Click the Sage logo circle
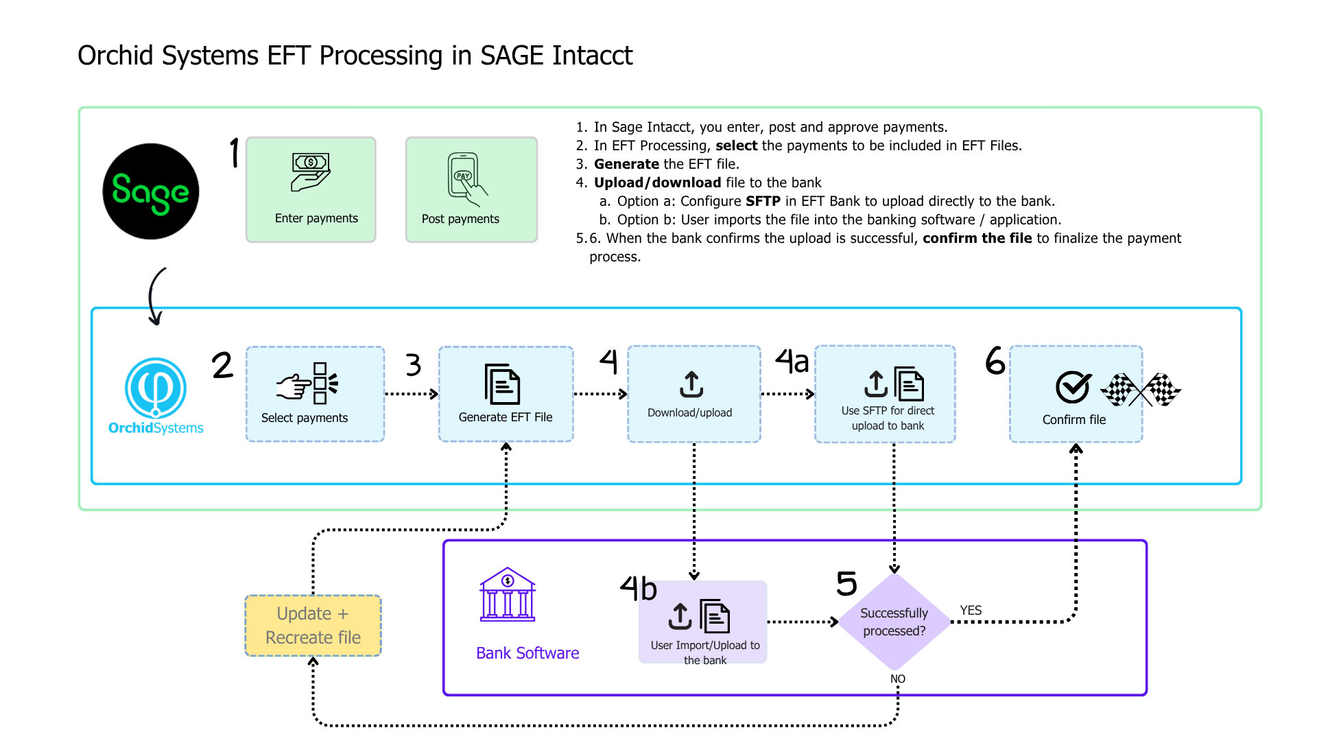click(151, 191)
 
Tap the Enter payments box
click(311, 189)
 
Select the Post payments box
click(471, 189)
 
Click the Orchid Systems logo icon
click(156, 388)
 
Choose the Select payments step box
click(315, 394)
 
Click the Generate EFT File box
click(506, 394)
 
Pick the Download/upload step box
click(693, 394)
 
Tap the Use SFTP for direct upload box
click(885, 394)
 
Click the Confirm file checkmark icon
click(1073, 388)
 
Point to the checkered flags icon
click(1141, 390)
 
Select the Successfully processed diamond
click(894, 622)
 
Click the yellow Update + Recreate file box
click(313, 626)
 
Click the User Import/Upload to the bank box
click(702, 622)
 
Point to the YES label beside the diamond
click(971, 611)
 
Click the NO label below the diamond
click(898, 679)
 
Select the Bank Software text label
click(527, 653)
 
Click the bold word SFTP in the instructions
click(763, 201)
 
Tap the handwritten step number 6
click(995, 361)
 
